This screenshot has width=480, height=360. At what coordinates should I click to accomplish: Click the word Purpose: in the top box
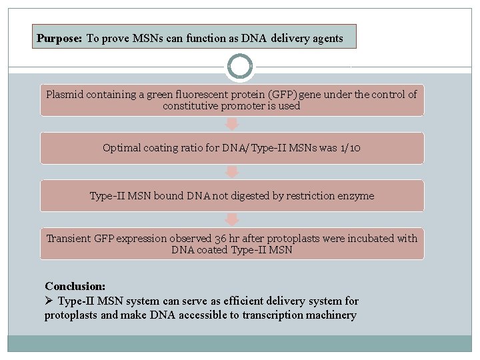coord(59,39)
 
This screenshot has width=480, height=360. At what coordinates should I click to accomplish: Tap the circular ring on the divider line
coord(240,67)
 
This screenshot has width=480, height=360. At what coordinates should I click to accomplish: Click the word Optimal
coord(122,148)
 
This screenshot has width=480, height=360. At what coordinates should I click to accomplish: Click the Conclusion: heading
coord(75,286)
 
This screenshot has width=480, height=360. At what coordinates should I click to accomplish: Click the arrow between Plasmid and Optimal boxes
coord(231,124)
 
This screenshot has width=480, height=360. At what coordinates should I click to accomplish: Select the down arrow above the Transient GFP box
coord(231,220)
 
